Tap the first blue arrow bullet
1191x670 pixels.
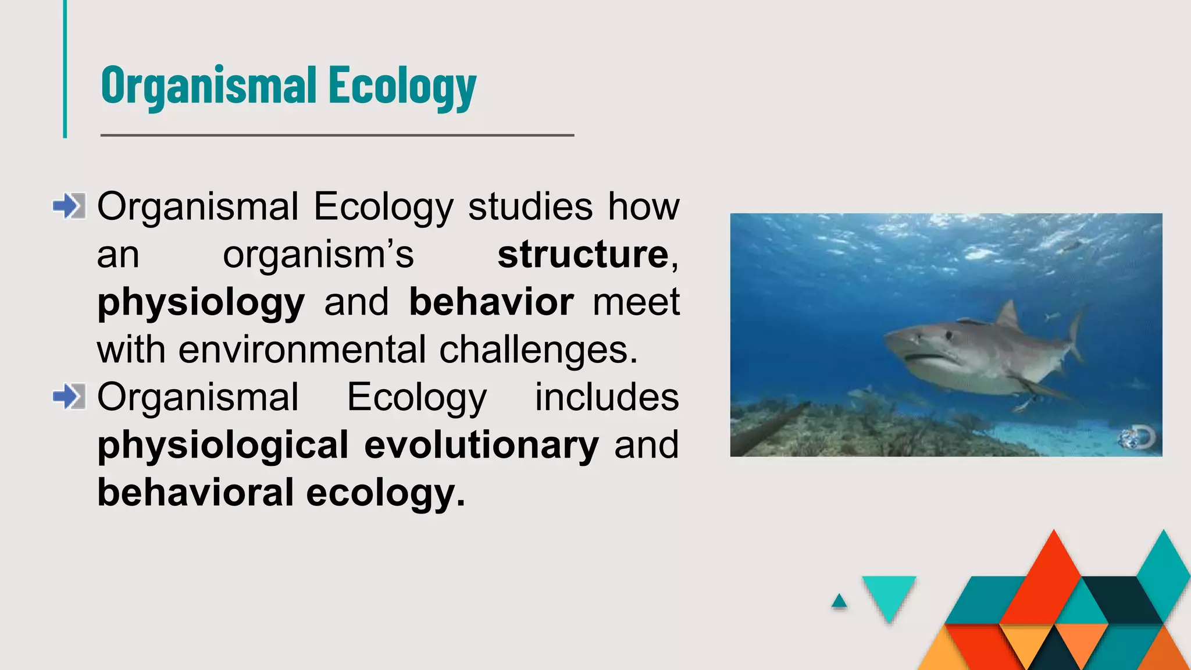coord(69,206)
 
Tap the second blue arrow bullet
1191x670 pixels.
coord(69,397)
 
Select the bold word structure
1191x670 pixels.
coord(583,255)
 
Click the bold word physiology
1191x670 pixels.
coord(201,304)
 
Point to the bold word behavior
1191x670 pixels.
coord(491,302)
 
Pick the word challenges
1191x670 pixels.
coord(538,350)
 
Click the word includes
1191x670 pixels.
coord(607,398)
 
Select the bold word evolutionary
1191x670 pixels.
coord(482,446)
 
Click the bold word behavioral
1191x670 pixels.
coord(195,493)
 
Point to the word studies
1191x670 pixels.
coord(530,207)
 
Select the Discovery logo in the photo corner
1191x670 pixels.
coord(1139,438)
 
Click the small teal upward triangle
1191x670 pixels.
coord(839,601)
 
